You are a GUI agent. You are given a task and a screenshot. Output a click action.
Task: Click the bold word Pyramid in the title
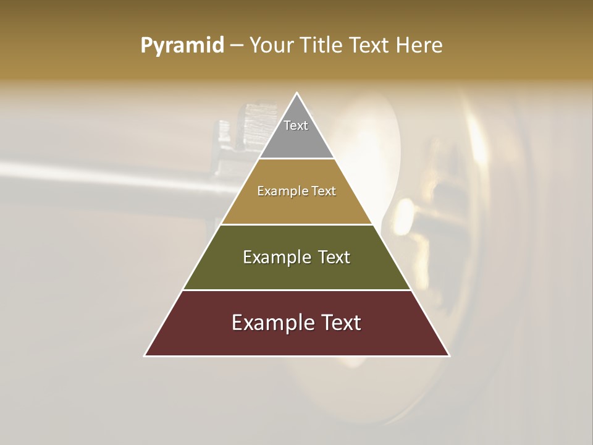point(182,46)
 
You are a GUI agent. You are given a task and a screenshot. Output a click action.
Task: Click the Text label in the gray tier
point(296,125)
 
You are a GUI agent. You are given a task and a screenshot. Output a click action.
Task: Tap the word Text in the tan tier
point(323,191)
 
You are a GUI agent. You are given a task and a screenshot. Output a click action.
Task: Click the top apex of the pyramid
point(297,93)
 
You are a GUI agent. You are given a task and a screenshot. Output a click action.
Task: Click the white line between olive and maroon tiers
point(297,290)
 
